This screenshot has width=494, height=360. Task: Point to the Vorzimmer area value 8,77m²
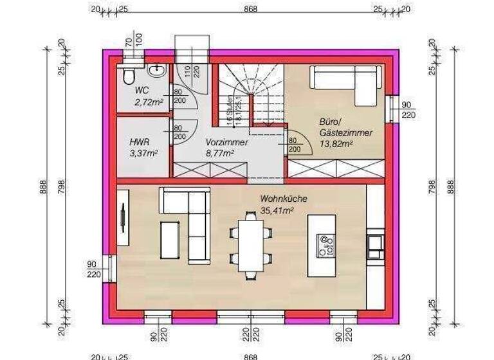click(219, 153)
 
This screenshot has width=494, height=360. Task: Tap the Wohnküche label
click(284, 199)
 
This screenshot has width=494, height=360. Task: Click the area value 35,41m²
click(277, 210)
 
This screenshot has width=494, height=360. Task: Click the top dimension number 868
click(251, 9)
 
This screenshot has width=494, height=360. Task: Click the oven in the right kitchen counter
click(376, 245)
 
